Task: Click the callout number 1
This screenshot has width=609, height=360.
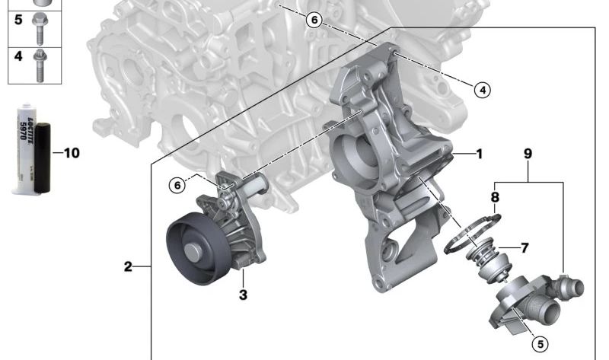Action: pyautogui.click(x=479, y=154)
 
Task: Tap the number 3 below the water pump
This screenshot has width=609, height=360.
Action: pyautogui.click(x=243, y=295)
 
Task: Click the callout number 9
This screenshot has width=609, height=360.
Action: pyautogui.click(x=528, y=154)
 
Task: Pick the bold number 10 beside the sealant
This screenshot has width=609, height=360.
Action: pyautogui.click(x=70, y=153)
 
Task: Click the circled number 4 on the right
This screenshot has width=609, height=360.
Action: pyautogui.click(x=481, y=90)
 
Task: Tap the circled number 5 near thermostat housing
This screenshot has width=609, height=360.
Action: pyautogui.click(x=538, y=345)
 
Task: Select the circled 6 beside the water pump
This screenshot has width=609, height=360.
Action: pyautogui.click(x=177, y=185)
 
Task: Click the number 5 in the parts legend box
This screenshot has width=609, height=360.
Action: pyautogui.click(x=19, y=21)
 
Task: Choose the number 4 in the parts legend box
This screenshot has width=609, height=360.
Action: pyautogui.click(x=19, y=56)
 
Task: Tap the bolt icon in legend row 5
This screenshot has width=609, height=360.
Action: pyautogui.click(x=38, y=26)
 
